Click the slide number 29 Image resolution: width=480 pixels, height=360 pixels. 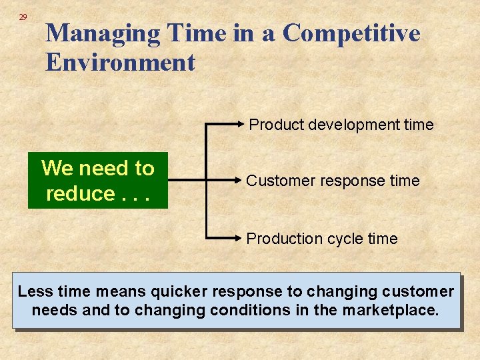(x=23, y=17)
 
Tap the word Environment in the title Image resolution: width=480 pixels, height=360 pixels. (x=120, y=63)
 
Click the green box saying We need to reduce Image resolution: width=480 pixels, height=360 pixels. (x=97, y=181)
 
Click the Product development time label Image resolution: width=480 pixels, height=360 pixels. (x=341, y=125)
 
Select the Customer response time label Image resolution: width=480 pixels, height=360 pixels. (x=333, y=181)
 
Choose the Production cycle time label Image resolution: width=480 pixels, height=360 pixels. (x=321, y=239)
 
